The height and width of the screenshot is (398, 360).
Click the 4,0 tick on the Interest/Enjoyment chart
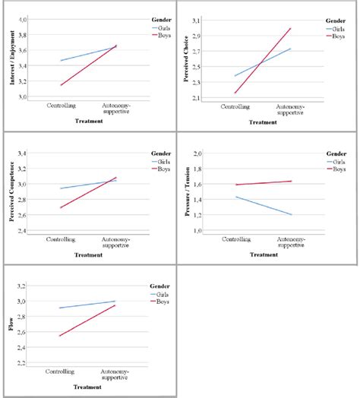coord(22,18)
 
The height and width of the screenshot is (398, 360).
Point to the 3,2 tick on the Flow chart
coord(22,286)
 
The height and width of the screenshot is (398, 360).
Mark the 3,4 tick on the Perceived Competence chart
coord(22,153)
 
